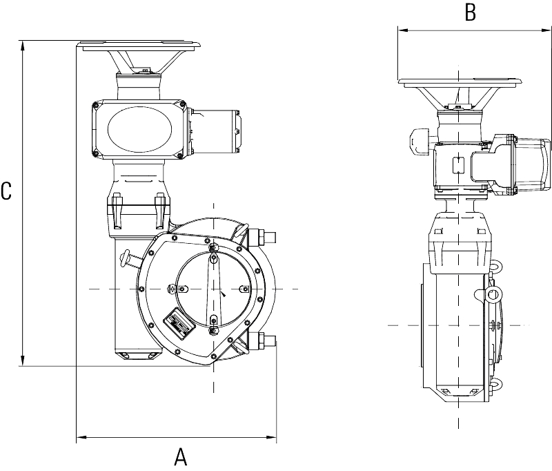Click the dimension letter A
[180, 456]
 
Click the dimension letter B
[470, 12]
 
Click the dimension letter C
[6, 191]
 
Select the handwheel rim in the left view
[141, 47]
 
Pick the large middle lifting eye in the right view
[493, 295]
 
